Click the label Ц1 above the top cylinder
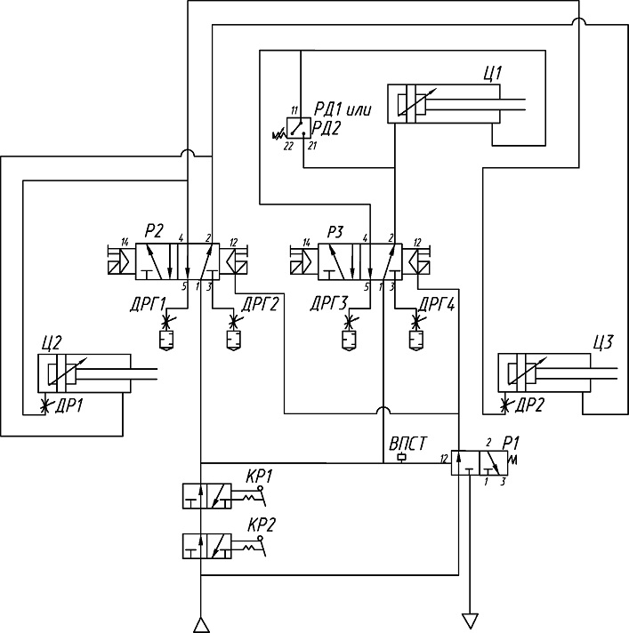click(493, 74)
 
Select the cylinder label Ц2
click(52, 343)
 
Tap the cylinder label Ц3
click(602, 342)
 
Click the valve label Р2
click(154, 231)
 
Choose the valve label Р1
click(511, 443)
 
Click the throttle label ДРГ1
click(149, 304)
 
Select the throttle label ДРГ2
click(260, 304)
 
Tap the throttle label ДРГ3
click(329, 304)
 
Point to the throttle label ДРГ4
click(437, 304)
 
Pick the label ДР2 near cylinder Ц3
click(529, 405)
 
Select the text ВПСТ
click(407, 444)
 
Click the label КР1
click(260, 477)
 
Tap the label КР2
click(261, 525)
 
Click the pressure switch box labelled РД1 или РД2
click(299, 128)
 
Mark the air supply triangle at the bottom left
click(201, 625)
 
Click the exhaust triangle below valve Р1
click(470, 621)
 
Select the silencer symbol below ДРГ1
click(166, 340)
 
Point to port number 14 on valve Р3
click(307, 242)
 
